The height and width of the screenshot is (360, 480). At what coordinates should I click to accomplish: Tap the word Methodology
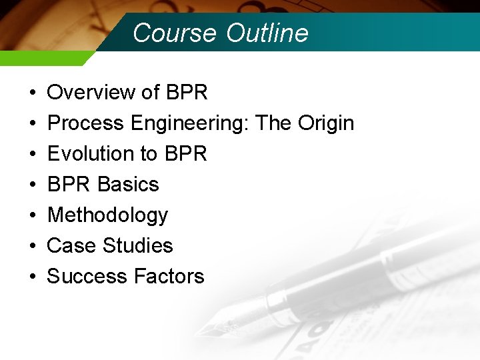107,215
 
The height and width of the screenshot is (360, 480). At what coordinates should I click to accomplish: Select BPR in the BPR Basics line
70,184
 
